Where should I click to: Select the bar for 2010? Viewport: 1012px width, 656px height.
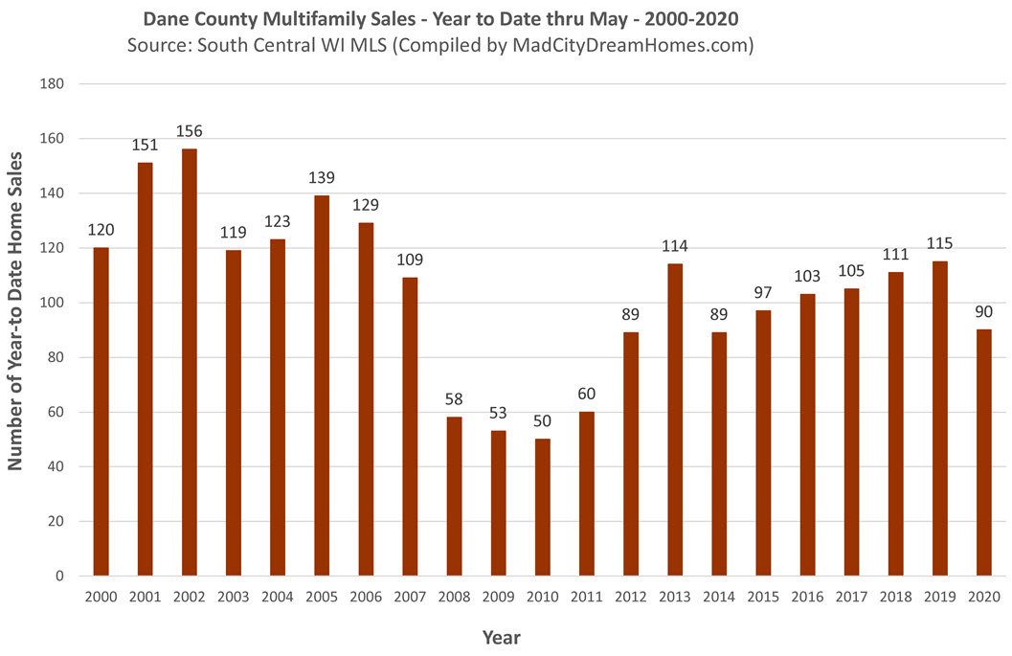coord(542,508)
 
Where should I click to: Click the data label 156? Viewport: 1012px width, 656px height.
coord(189,131)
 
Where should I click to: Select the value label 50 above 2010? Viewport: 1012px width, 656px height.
coord(542,421)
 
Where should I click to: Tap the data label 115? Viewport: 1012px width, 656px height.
coord(939,244)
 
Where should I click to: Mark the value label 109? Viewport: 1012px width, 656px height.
coord(409,260)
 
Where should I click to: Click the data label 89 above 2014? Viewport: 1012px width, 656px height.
coord(718,315)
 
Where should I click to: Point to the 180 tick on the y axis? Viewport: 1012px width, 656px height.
coord(53,84)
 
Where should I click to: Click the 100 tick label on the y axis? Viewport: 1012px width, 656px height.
coord(53,303)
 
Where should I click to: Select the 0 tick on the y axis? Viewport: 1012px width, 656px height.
coord(60,577)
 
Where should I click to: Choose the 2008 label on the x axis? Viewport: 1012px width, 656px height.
coord(453,597)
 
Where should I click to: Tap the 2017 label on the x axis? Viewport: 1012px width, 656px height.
coord(851,597)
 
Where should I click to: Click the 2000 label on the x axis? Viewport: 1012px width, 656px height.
coord(101,597)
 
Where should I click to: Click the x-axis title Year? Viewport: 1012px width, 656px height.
coord(502,636)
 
